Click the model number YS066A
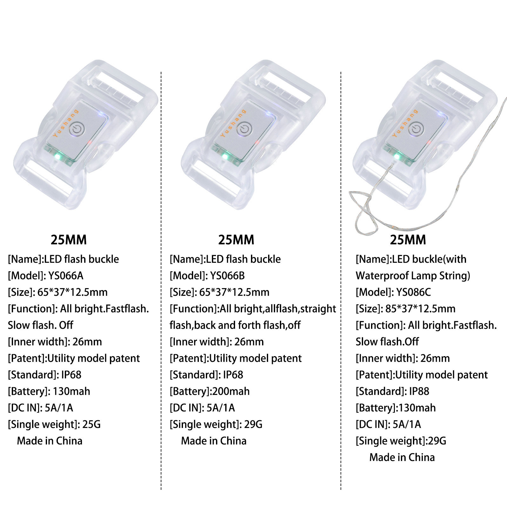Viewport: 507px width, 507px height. point(66,275)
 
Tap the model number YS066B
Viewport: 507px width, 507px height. point(227,275)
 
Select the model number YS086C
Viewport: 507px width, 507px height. point(413,292)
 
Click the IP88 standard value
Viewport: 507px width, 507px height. point(419,391)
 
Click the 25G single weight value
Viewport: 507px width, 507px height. point(91,424)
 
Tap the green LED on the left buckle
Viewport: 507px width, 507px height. point(57,156)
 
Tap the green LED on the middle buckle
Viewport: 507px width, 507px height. point(225,156)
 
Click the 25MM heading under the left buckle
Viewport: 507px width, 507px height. point(69,240)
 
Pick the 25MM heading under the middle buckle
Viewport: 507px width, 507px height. point(236,240)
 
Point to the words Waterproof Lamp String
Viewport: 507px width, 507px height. point(413,275)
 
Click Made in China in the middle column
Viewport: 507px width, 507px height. point(214,441)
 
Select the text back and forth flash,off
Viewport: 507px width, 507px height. point(235,325)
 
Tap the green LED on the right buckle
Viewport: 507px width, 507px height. point(397,156)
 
